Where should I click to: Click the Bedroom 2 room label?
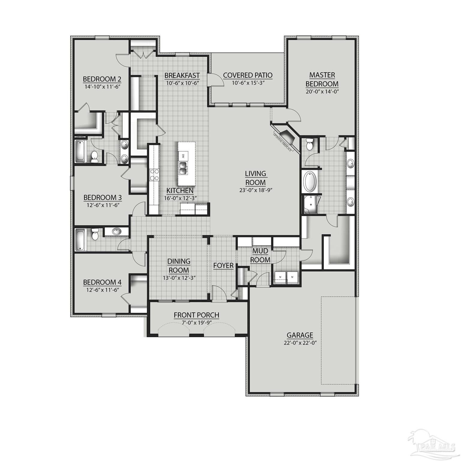point(102,79)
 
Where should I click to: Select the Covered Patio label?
point(248,75)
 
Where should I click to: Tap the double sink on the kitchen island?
point(182,168)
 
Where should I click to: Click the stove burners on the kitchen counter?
point(154,175)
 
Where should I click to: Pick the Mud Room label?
point(260,255)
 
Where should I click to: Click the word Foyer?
point(223,266)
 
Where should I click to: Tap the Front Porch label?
point(197,315)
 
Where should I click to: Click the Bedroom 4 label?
point(102,282)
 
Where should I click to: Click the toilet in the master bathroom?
point(309,145)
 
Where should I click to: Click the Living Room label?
point(255,178)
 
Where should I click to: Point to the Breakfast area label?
point(182,75)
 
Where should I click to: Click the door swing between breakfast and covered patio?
point(215,79)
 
